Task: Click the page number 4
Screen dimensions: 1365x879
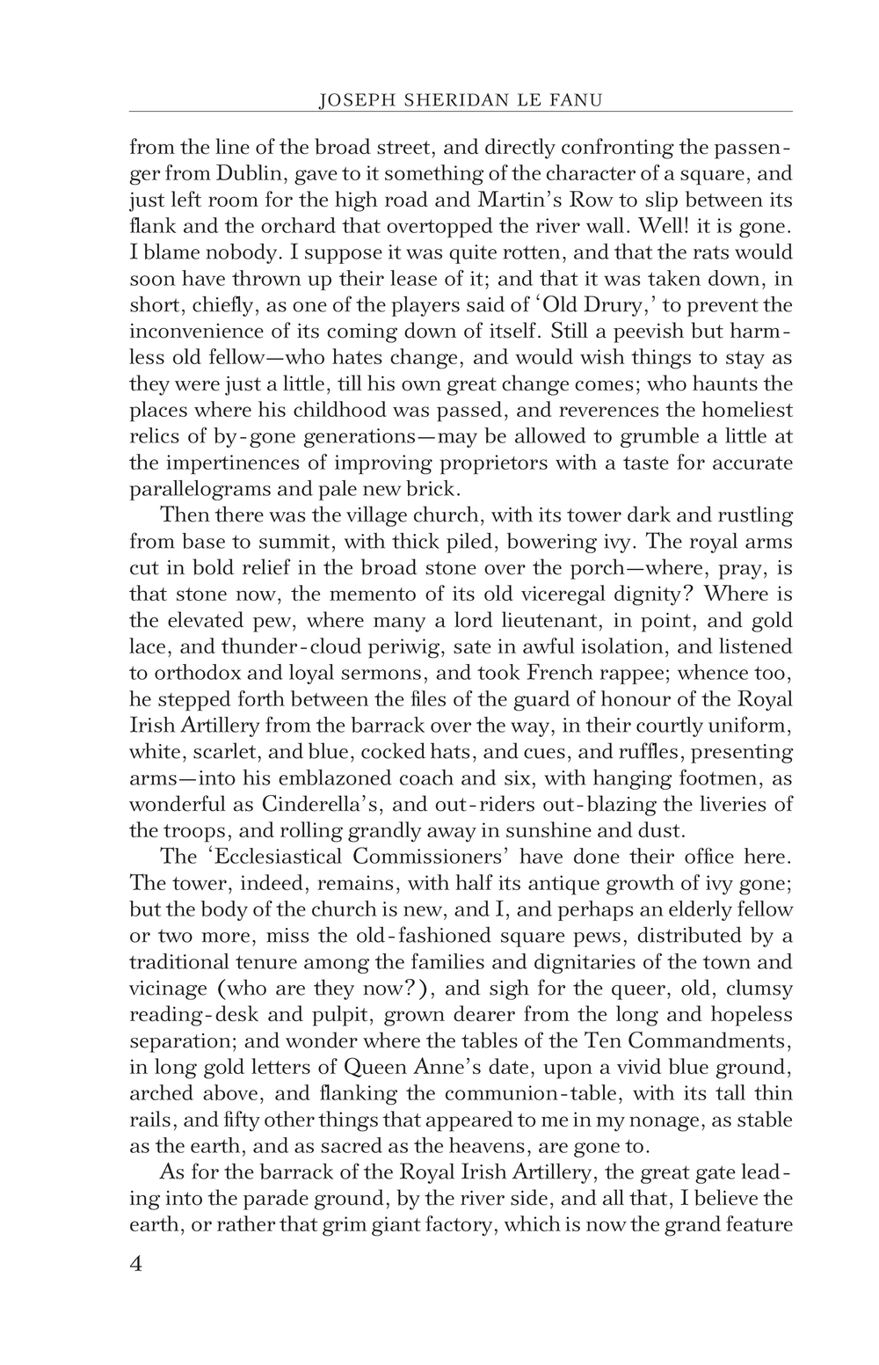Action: [x=136, y=1264]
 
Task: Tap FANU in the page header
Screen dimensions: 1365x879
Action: [x=577, y=101]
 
